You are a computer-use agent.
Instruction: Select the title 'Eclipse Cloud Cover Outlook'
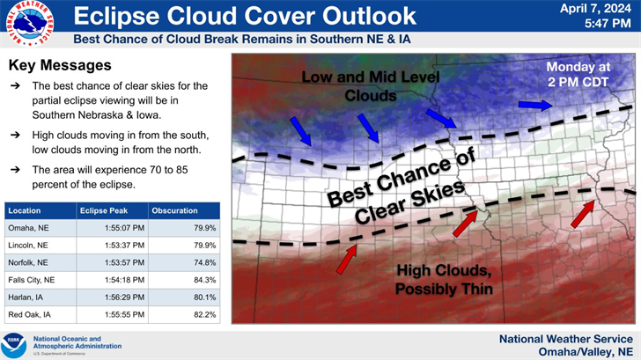point(244,16)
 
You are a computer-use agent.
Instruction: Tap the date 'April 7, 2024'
point(596,9)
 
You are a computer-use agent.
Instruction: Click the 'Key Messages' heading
point(60,66)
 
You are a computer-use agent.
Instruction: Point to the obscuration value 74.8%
point(203,262)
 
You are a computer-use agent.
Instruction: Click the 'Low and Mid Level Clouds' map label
point(358,85)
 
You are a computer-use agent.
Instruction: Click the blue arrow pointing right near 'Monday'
point(533,105)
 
